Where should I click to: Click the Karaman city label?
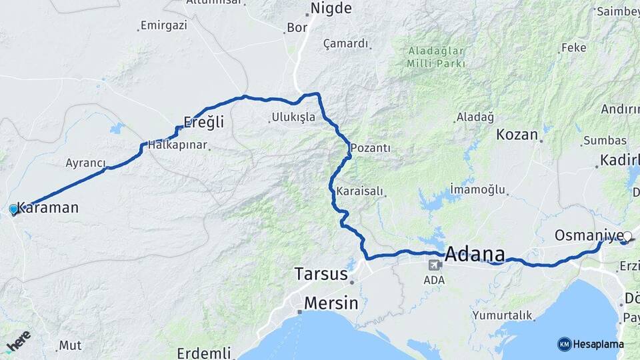(x=47, y=207)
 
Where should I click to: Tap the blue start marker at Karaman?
(x=13, y=209)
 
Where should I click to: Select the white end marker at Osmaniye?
(x=627, y=236)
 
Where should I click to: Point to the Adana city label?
(x=474, y=253)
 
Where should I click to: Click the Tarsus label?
(x=322, y=274)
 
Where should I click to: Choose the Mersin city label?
(x=331, y=303)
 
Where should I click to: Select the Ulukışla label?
(x=293, y=117)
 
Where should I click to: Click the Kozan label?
(x=517, y=134)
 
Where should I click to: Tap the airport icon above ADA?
(x=435, y=265)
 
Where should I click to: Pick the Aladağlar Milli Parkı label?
(x=435, y=57)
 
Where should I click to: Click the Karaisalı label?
(x=360, y=191)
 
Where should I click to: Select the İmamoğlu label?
(x=477, y=189)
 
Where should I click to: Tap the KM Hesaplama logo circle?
(x=565, y=344)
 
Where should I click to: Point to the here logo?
(x=18, y=342)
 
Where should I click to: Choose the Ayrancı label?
(x=85, y=163)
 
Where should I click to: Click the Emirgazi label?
(x=164, y=26)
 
